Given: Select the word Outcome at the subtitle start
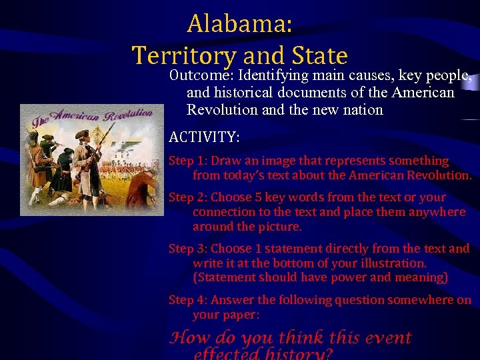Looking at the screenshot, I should tap(198, 75).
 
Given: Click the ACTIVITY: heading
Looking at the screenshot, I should tap(204, 137).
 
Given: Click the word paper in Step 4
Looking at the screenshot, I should tap(240, 315).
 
